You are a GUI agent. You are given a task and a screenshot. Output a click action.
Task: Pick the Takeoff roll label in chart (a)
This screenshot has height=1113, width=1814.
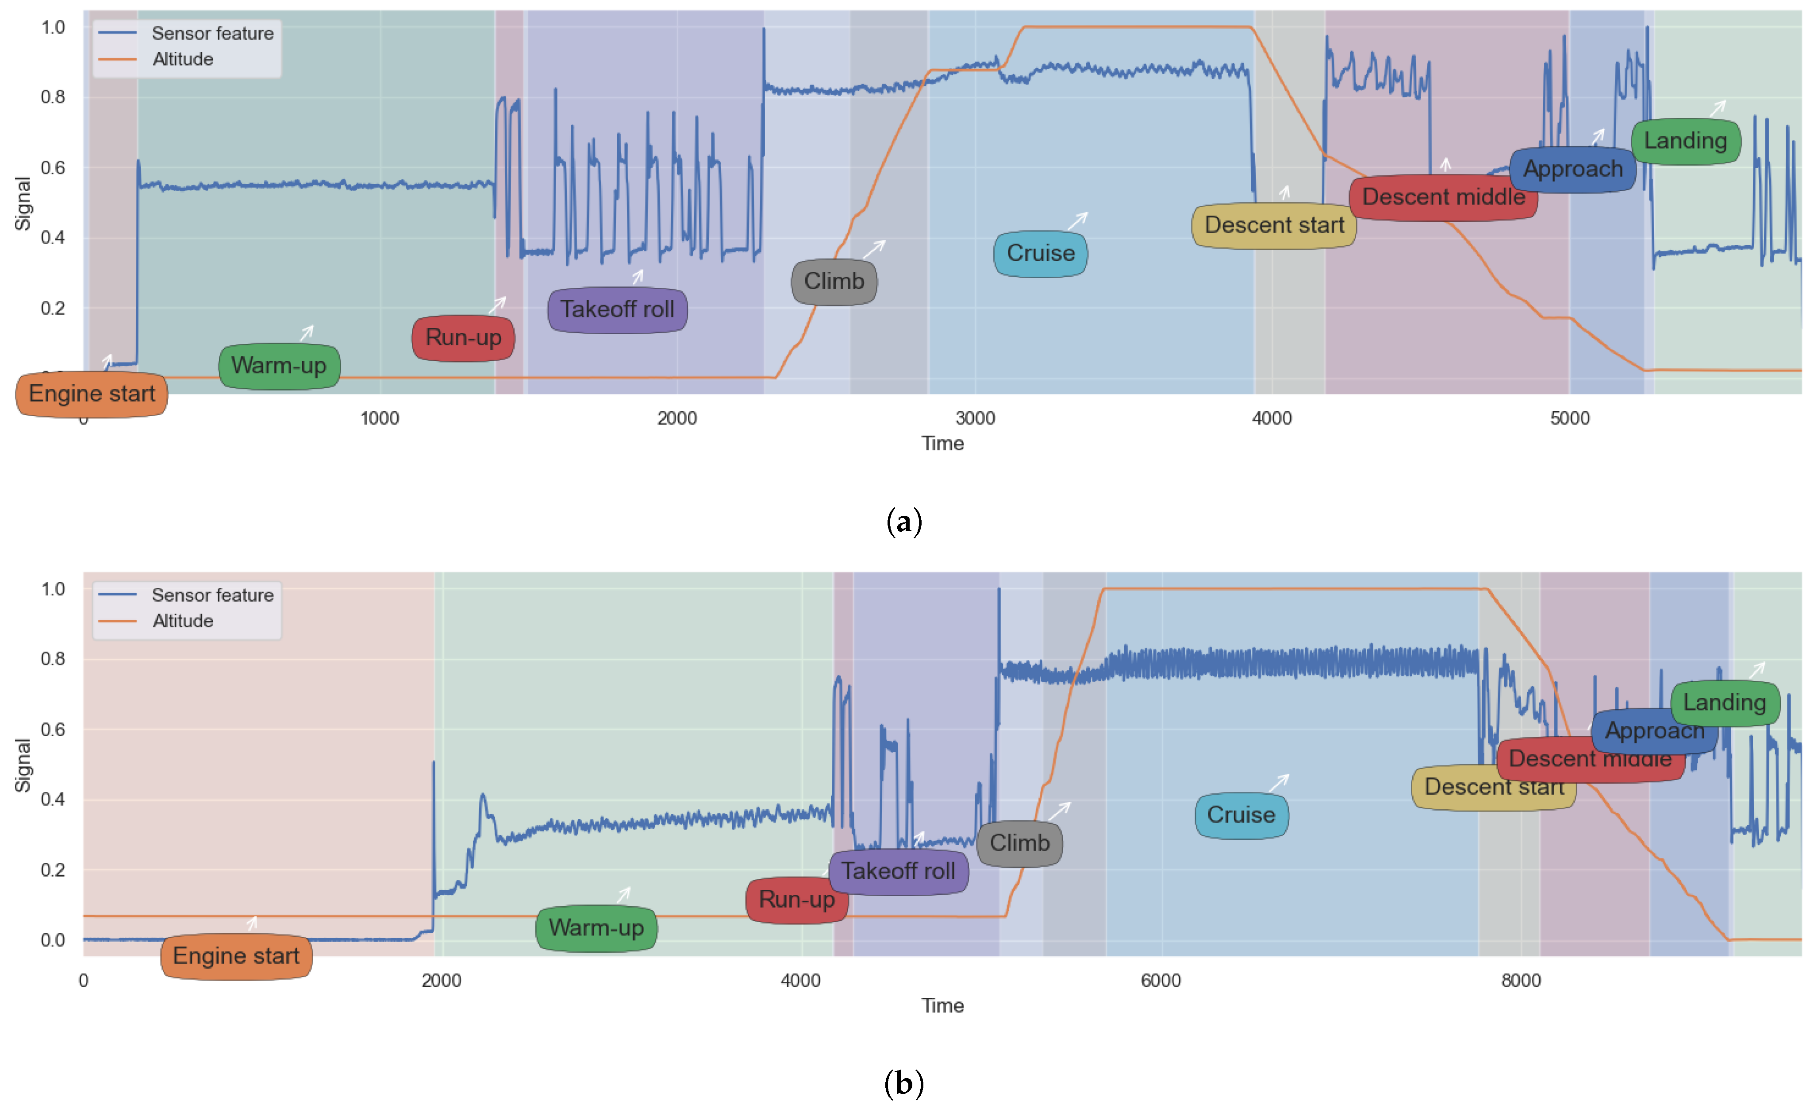617,309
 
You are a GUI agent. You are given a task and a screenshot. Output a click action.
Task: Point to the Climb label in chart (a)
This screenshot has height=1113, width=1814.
834,282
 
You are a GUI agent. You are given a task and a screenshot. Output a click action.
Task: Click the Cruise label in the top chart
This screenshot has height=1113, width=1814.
1040,253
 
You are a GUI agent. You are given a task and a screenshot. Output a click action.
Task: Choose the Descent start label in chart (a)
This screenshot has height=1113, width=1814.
1274,225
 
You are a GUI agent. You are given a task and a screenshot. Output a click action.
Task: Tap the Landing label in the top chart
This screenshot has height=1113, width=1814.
1685,141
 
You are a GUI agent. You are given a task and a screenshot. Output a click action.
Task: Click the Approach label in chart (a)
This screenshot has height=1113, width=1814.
1572,170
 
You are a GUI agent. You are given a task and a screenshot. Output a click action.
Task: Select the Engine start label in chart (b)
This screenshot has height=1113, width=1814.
235,956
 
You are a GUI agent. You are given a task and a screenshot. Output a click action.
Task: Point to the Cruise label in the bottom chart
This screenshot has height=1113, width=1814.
1241,815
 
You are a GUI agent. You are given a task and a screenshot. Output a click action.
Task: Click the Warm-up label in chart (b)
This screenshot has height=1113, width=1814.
596,928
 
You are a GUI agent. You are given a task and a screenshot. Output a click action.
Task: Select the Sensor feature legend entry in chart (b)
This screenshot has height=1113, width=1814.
212,595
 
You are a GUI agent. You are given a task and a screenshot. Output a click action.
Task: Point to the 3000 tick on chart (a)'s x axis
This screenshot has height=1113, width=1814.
976,418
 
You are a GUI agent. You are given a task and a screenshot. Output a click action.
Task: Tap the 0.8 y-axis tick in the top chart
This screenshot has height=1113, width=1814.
53,97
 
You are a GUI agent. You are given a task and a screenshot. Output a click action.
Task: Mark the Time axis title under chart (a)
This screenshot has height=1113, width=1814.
942,444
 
